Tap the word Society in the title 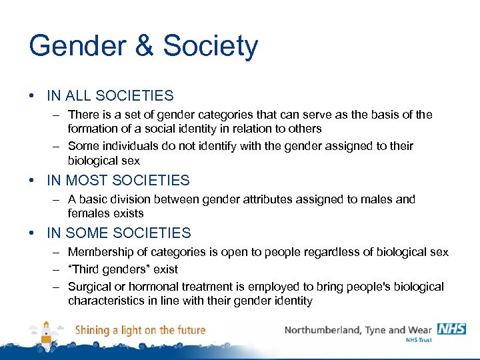point(211,46)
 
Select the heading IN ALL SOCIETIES point(110,96)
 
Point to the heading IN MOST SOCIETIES point(118,180)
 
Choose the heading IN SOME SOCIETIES point(119,233)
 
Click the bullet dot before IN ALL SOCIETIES point(33,96)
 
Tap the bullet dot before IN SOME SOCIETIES point(33,233)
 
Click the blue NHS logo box point(451,329)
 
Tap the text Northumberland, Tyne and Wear point(359,330)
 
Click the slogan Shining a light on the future point(140,330)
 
